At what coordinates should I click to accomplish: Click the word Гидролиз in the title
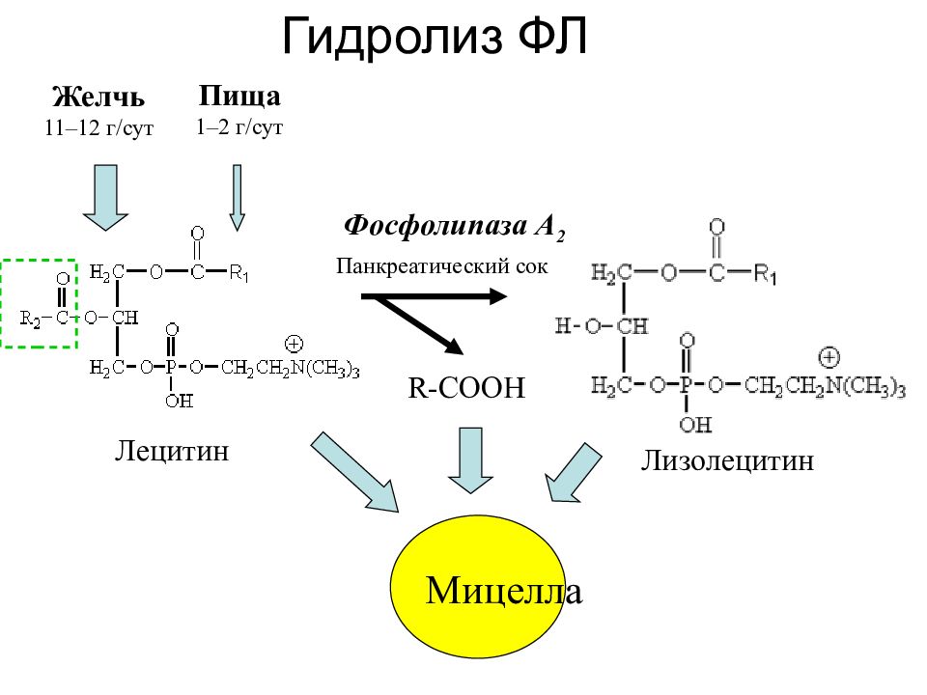[392, 38]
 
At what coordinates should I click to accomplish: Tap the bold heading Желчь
[98, 97]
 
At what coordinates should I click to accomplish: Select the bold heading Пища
[239, 96]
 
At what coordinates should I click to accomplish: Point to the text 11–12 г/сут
[98, 127]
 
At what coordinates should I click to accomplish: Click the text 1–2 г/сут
[239, 127]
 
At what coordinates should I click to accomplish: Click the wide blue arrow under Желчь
[106, 197]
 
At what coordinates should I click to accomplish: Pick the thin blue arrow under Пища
[238, 197]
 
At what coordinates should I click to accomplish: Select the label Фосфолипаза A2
[454, 228]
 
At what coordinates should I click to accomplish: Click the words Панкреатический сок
[441, 266]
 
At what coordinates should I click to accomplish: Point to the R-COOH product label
[466, 388]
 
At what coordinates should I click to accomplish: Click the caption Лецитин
[172, 452]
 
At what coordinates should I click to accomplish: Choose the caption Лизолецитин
[727, 461]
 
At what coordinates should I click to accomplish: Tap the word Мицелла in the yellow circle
[504, 591]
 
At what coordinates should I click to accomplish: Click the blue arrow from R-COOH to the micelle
[470, 460]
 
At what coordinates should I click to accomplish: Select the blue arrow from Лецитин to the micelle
[354, 472]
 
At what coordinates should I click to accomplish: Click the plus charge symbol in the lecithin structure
[294, 344]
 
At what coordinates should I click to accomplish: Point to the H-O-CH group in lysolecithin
[602, 325]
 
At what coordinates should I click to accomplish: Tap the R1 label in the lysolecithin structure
[765, 274]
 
